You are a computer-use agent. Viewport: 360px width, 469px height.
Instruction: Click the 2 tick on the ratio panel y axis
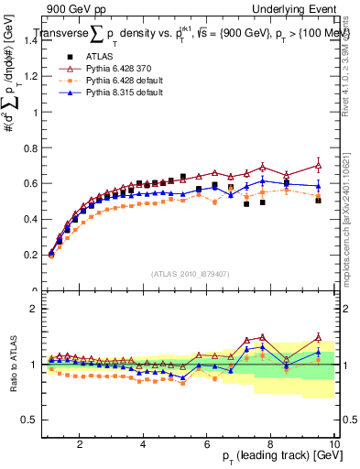point(36,309)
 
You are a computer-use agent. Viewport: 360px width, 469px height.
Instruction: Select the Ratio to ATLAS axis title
point(12,364)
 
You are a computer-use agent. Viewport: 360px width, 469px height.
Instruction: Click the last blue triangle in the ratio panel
point(318,352)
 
